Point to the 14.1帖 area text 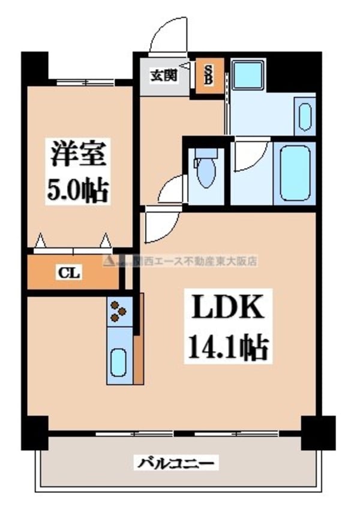(x=228, y=346)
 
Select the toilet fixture (x=205, y=169)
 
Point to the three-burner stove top (x=118, y=312)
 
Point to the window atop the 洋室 (x=82, y=82)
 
